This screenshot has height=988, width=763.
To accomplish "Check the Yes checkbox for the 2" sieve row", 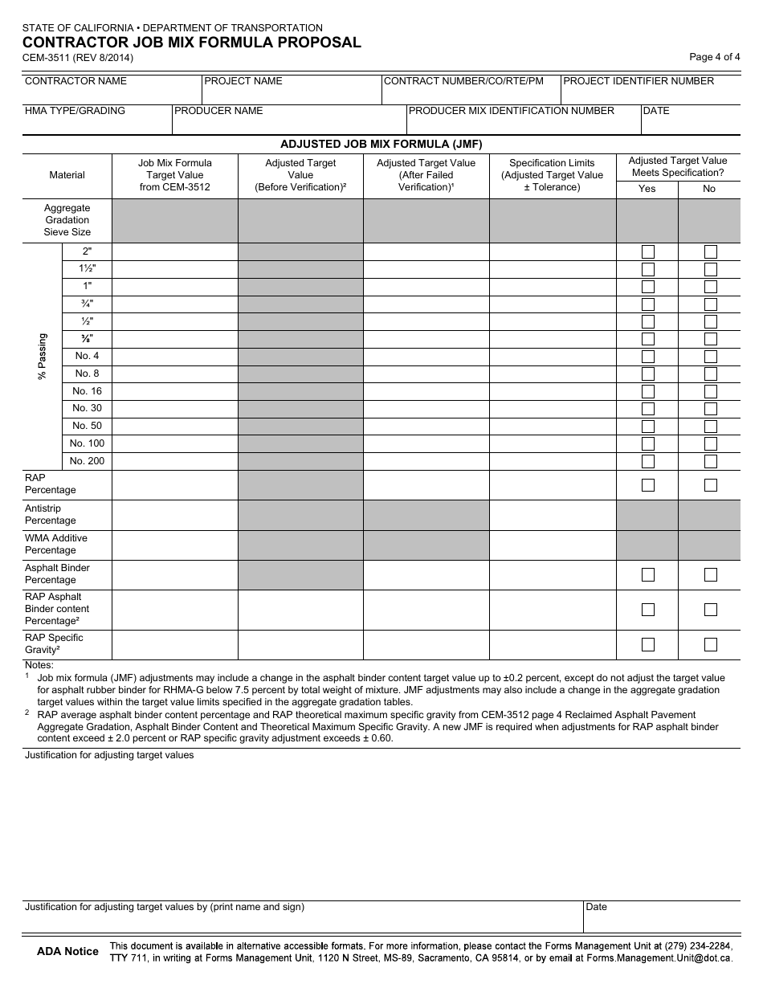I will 647,252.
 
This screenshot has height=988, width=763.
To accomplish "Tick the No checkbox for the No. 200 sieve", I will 710,462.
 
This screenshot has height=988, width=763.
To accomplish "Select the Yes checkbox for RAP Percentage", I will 647,485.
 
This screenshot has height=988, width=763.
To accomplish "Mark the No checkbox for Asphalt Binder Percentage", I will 710,574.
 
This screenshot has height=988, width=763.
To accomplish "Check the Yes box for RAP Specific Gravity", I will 647,644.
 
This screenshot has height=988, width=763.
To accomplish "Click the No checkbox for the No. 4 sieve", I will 710,357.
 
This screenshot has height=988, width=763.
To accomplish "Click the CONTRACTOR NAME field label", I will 75,81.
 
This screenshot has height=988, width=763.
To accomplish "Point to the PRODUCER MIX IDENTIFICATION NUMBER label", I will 512,111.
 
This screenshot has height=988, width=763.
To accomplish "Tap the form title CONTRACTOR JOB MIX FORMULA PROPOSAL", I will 191,43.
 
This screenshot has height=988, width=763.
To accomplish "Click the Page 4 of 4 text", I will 714,57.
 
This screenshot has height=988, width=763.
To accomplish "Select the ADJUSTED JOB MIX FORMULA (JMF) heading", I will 381,145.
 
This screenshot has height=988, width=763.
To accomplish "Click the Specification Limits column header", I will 552,175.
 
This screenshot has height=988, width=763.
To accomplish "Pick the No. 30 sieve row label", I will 87,408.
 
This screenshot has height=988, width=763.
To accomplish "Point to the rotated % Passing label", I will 43,357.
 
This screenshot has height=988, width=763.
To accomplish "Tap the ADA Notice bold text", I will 67,951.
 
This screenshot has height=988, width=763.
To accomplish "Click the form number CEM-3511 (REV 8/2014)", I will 77,58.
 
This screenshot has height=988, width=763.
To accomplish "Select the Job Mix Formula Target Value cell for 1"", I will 174,287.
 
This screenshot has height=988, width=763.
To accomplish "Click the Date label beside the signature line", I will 597,907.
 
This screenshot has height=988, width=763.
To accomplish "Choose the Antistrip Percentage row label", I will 51,515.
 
